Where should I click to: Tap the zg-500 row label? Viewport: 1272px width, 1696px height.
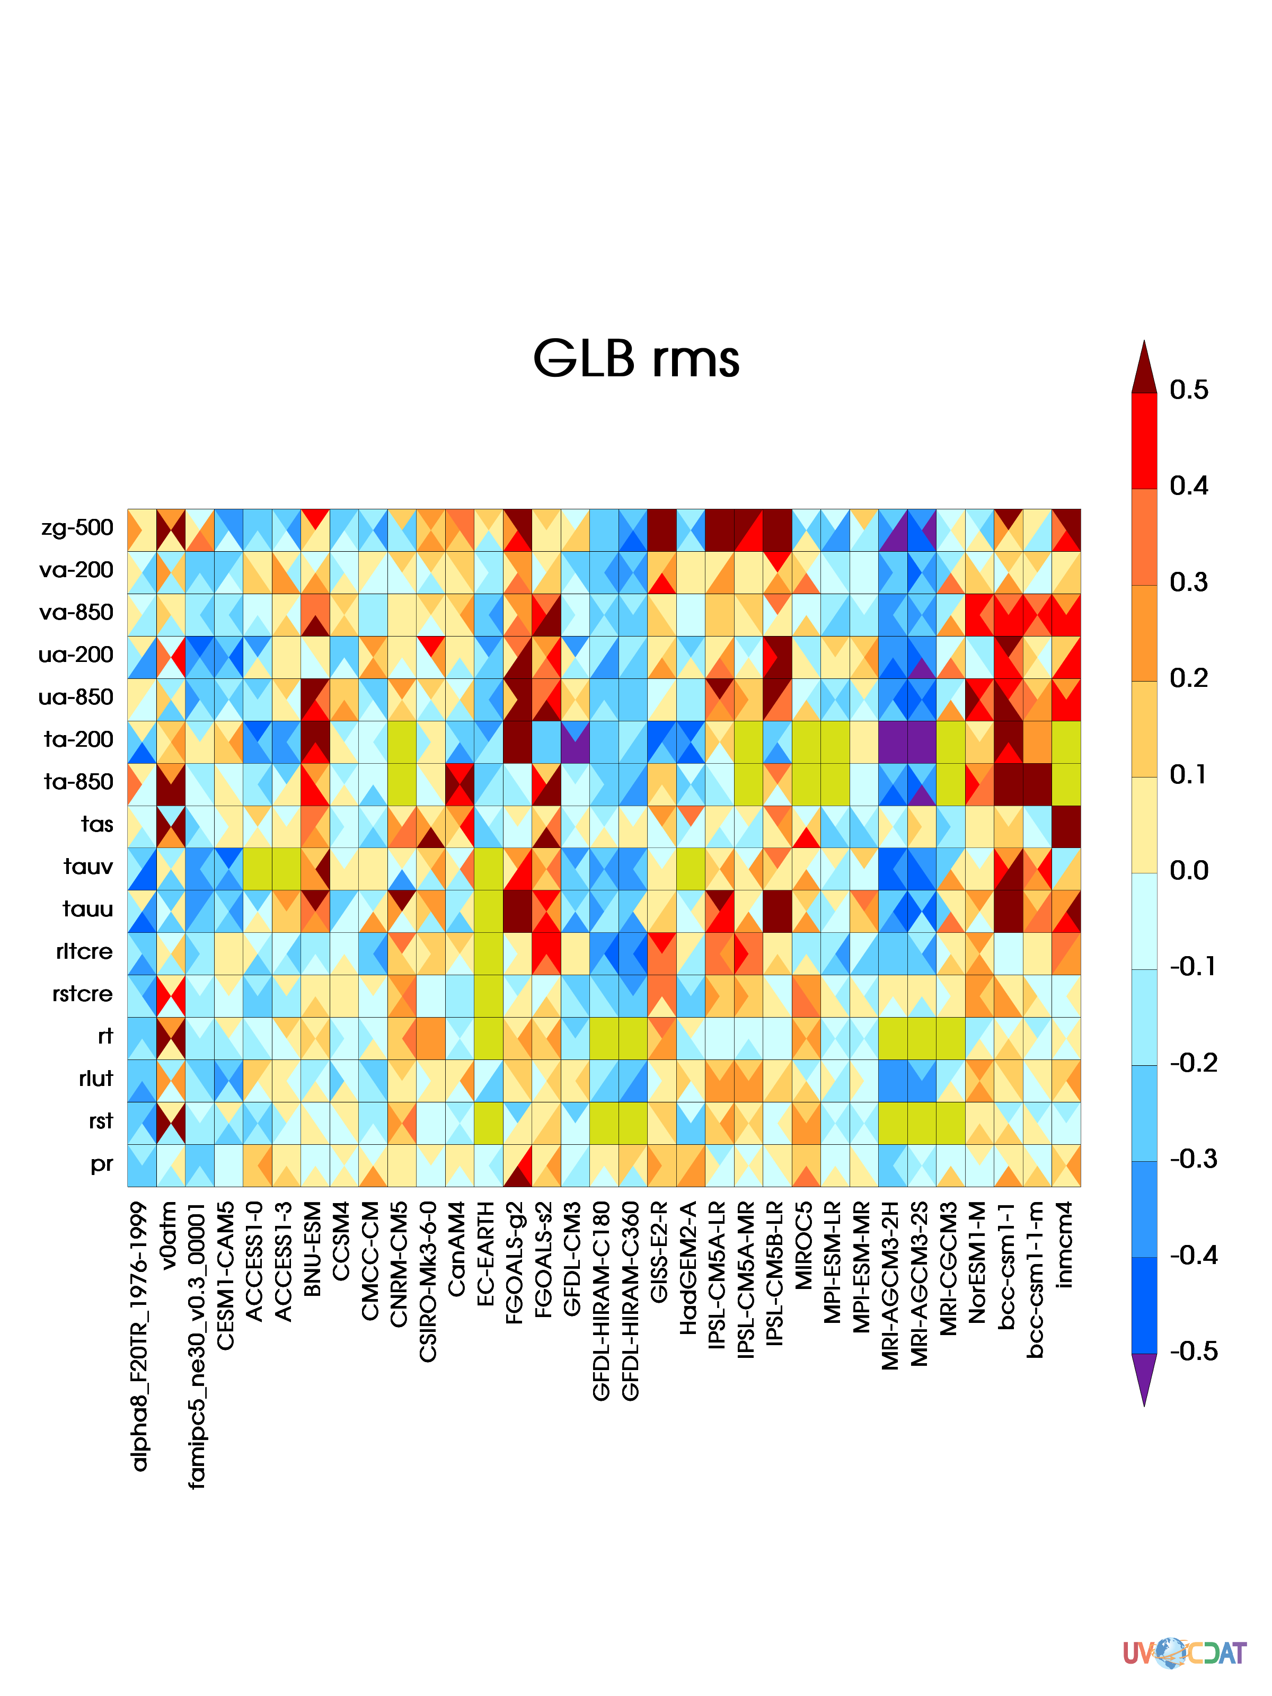[x=77, y=528]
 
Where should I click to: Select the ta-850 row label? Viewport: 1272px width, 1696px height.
[x=78, y=782]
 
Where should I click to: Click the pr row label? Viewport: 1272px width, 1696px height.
[x=101, y=1164]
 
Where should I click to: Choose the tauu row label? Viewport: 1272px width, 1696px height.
[x=87, y=909]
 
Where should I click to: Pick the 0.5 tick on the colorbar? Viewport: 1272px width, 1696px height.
[x=1188, y=390]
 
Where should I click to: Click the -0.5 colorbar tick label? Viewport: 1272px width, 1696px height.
[x=1193, y=1351]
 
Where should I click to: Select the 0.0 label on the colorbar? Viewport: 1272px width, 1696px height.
[x=1188, y=871]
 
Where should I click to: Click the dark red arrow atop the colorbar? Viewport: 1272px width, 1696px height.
[x=1144, y=367]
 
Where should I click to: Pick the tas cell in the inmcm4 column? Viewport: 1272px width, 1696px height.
[x=1066, y=826]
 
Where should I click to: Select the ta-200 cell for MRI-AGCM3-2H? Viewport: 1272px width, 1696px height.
[x=893, y=741]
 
